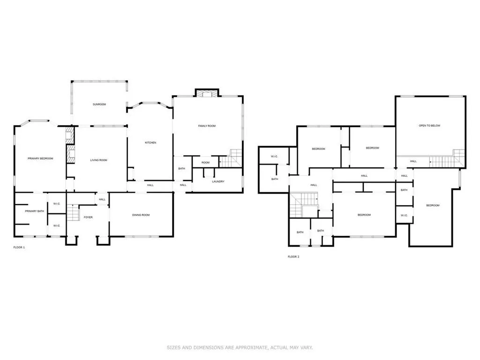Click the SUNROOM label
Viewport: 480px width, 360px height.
[x=99, y=104]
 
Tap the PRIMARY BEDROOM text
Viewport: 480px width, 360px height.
[x=40, y=158]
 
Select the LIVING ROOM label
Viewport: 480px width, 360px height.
[x=98, y=160]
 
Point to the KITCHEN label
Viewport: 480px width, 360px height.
[x=150, y=142]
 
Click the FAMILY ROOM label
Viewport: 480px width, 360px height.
[x=206, y=126]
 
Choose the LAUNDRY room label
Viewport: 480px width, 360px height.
[x=218, y=181]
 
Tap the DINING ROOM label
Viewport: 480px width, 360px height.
[x=141, y=215]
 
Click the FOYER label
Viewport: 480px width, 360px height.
[x=88, y=217]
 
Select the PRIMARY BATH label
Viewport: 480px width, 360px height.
[x=34, y=211]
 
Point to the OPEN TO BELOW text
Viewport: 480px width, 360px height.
[x=429, y=126]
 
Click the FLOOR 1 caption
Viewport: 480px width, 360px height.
[x=19, y=247]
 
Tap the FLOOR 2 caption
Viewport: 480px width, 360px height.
[x=293, y=256]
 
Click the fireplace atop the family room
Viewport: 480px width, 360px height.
[x=207, y=93]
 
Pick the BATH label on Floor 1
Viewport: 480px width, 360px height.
[x=181, y=168]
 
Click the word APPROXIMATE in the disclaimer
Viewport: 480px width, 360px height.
[x=246, y=347]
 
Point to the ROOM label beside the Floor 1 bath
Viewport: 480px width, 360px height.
[x=205, y=163]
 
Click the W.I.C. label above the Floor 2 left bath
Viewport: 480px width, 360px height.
[x=275, y=156]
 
